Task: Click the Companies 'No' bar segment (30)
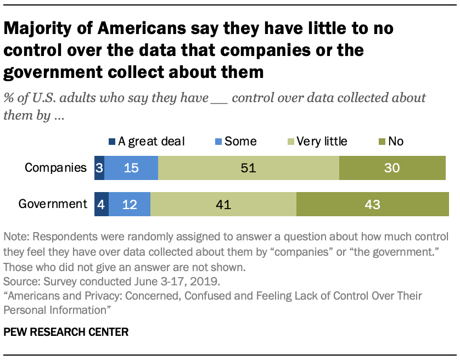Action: (392, 167)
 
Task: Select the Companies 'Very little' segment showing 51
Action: (248, 167)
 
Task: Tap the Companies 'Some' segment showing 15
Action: (131, 167)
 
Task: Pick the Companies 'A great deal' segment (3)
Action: (99, 167)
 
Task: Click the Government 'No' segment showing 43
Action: (372, 204)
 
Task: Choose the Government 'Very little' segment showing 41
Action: (223, 204)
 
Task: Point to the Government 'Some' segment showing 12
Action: (130, 204)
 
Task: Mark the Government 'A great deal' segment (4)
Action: (102, 204)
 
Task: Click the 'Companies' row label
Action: (55, 167)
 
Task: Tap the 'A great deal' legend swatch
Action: (112, 142)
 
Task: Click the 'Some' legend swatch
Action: (217, 142)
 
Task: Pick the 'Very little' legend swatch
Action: (291, 142)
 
